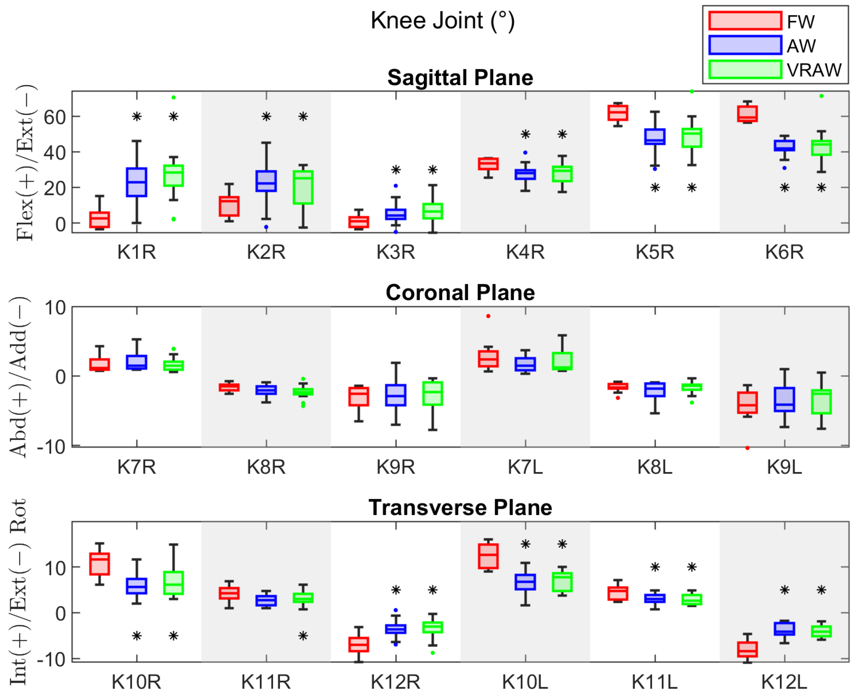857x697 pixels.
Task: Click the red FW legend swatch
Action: pyautogui.click(x=745, y=21)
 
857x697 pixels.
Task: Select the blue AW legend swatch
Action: pyautogui.click(x=745, y=45)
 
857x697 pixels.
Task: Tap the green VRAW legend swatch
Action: pyautogui.click(x=745, y=69)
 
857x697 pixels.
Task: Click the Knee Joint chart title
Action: pyautogui.click(x=442, y=21)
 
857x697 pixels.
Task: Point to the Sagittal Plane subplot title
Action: pyautogui.click(x=460, y=77)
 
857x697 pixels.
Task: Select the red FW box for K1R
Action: pyautogui.click(x=100, y=220)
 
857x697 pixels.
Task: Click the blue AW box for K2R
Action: pyautogui.click(x=266, y=181)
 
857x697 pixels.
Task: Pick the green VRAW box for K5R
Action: pyautogui.click(x=692, y=138)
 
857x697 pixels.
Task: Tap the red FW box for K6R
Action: pyautogui.click(x=747, y=114)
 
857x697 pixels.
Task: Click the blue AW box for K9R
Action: pyautogui.click(x=396, y=395)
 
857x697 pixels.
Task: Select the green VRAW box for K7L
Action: pyautogui.click(x=562, y=361)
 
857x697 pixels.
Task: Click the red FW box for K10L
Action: pyautogui.click(x=488, y=556)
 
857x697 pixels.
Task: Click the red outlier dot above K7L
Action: pyautogui.click(x=488, y=316)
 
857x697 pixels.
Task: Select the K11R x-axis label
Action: pyautogui.click(x=266, y=682)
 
